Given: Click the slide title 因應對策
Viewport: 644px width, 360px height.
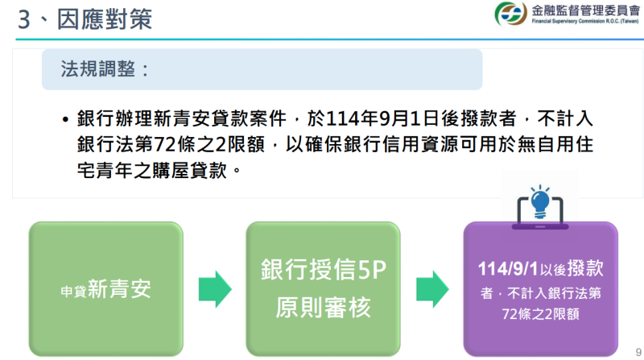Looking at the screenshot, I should pyautogui.click(x=105, y=19).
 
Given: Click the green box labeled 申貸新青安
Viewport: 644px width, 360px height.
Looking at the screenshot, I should pyautogui.click(x=105, y=288).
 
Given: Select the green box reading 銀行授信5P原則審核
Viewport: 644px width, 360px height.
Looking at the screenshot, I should pyautogui.click(x=323, y=288).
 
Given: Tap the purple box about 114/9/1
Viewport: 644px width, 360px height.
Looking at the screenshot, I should pyautogui.click(x=540, y=288).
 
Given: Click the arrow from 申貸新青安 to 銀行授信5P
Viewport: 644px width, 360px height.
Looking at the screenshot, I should pyautogui.click(x=214, y=288).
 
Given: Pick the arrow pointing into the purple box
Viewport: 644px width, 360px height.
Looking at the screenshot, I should pyautogui.click(x=431, y=288).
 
